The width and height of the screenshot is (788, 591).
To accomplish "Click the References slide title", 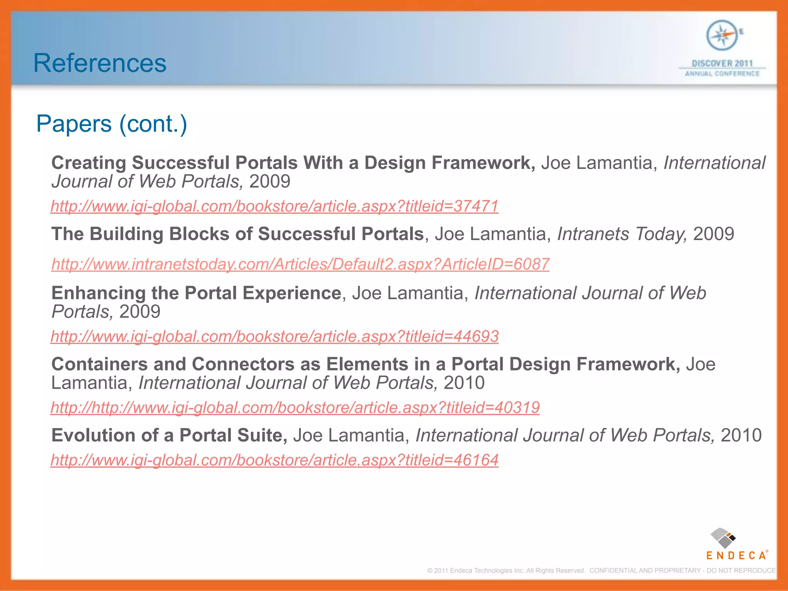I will point(100,63).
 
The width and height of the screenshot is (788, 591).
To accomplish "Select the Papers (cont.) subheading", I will point(112,124).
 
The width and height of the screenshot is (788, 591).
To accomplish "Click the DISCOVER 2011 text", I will point(722,63).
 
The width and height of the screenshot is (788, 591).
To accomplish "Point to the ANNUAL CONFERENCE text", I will point(722,73).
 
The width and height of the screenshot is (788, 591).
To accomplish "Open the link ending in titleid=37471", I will point(274,206).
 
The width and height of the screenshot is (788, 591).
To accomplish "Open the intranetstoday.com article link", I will point(300,264).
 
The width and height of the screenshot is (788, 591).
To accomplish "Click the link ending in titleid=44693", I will point(274,336).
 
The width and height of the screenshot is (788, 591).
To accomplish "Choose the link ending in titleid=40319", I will point(295,407).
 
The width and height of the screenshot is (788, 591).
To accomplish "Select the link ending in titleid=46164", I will point(274,460).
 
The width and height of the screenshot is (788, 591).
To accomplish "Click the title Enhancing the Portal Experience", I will point(196,293).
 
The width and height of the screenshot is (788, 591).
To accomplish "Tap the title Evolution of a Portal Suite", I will point(169,436).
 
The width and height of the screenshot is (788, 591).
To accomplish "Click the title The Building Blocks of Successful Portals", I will point(237,234).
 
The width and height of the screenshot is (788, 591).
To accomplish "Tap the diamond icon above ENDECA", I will point(723,538).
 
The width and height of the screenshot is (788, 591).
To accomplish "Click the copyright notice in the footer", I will point(601,571).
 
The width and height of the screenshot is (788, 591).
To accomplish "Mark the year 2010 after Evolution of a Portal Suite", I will point(741,436).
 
